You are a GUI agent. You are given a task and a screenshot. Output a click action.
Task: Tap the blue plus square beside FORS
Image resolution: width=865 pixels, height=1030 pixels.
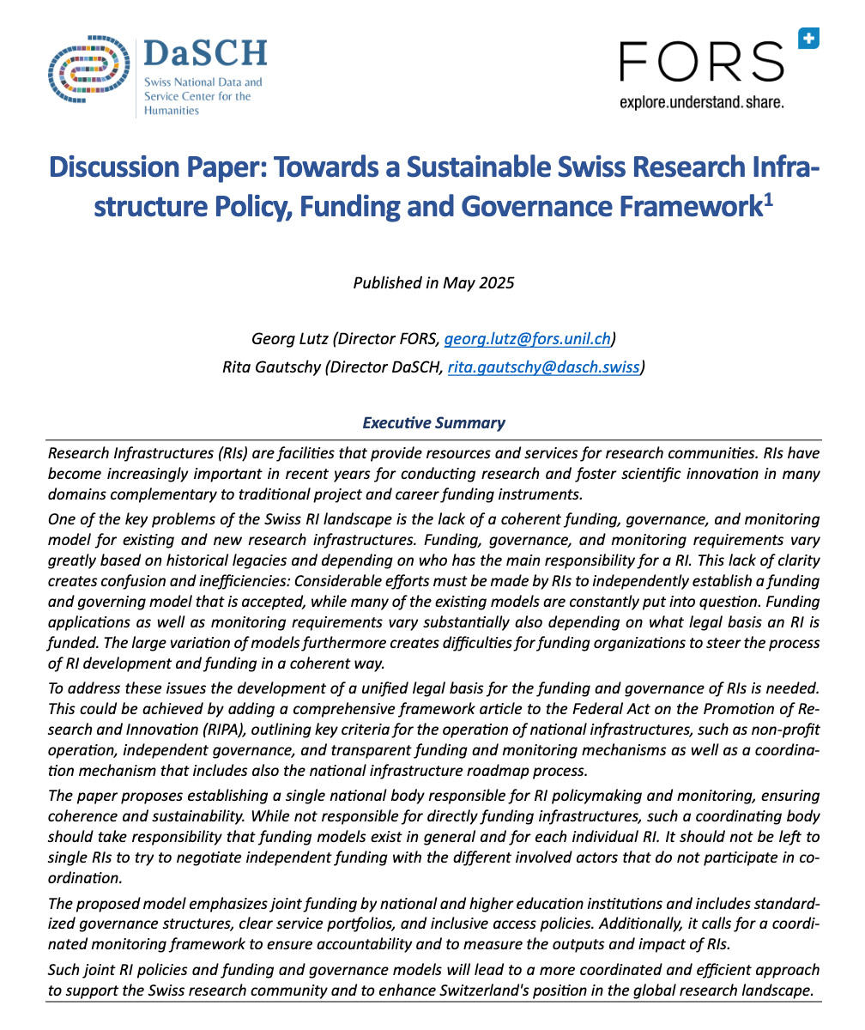(808, 39)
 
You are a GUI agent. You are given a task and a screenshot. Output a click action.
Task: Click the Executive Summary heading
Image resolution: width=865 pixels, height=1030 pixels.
(433, 422)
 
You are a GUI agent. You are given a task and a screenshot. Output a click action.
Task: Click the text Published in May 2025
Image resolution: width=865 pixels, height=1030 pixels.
(433, 282)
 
